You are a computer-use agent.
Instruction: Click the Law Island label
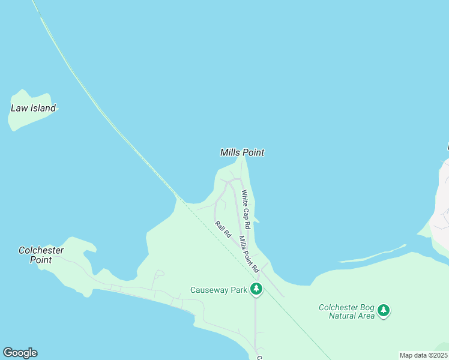click(33, 109)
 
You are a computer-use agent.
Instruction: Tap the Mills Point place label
click(242, 152)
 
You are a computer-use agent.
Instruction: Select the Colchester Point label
click(41, 255)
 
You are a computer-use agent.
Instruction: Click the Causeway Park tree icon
click(256, 289)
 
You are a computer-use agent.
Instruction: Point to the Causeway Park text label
click(218, 290)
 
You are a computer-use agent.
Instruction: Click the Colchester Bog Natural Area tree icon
click(384, 311)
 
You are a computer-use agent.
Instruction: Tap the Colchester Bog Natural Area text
click(348, 311)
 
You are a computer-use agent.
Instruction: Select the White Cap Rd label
click(246, 208)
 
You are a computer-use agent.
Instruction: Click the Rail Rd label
click(223, 230)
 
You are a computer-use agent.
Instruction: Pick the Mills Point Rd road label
click(248, 253)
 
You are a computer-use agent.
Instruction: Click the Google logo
click(20, 353)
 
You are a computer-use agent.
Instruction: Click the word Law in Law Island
click(19, 109)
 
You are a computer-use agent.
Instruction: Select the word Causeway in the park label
click(210, 290)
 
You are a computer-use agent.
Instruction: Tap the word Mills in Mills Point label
click(230, 152)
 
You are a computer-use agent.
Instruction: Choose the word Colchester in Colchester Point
click(41, 250)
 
